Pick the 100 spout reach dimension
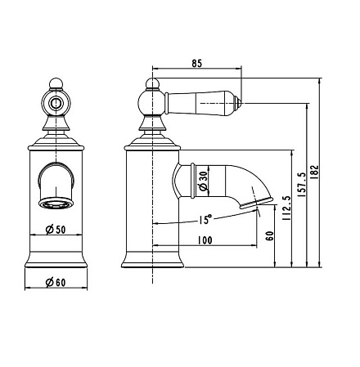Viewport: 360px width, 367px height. [205, 239]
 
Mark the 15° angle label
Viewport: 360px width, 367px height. [204, 218]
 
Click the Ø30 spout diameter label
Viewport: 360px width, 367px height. [203, 180]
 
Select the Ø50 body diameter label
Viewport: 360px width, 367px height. [56, 229]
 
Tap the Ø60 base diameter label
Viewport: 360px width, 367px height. [56, 282]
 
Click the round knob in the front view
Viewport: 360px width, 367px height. [56, 103]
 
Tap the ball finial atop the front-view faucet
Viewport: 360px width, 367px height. [56, 82]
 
